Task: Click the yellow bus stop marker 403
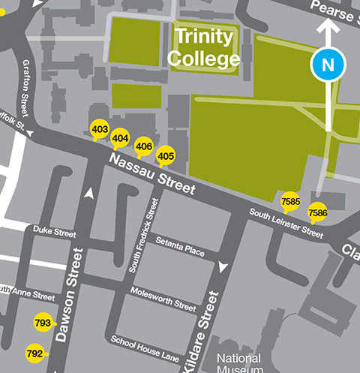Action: point(99,129)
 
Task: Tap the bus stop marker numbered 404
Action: point(120,138)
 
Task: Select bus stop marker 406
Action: point(144,146)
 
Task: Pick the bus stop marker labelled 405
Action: point(166,156)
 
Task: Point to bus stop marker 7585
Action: point(290,201)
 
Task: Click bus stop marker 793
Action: point(43,323)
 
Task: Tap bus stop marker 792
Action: point(34,353)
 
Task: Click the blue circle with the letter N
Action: point(328,65)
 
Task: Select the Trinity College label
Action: point(204,47)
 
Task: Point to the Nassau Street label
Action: point(151,173)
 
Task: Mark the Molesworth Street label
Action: point(163,297)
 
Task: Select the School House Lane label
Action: point(145,344)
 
